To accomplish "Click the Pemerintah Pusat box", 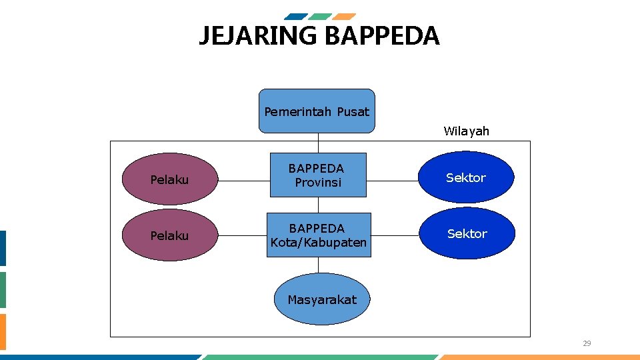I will tap(317, 111).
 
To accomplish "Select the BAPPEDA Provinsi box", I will tap(318, 175).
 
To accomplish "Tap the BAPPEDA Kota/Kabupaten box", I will tap(319, 235).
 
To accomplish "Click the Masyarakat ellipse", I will tap(322, 299).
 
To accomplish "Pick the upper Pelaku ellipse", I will tap(169, 179).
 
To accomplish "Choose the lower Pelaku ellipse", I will tap(169, 235).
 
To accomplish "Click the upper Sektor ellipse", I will tap(466, 177).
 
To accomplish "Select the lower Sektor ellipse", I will tap(467, 233).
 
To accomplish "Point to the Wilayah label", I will tap(466, 131).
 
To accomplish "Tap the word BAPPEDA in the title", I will tap(382, 36).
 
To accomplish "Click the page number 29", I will tap(587, 344).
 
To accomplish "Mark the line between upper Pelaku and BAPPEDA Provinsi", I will tap(243, 179).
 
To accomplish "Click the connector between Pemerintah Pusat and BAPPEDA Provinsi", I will tap(318, 143).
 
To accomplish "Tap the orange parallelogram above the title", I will tap(344, 17).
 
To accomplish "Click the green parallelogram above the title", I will tap(320, 17).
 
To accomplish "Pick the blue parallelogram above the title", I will tap(296, 17).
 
